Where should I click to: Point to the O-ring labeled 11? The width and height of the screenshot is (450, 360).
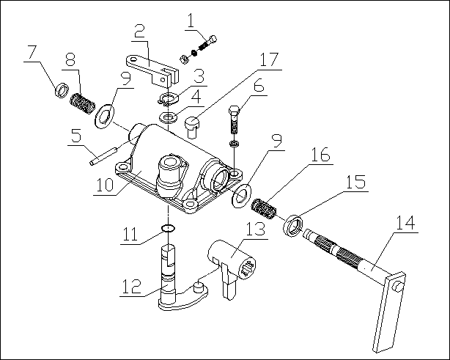tap(169, 229)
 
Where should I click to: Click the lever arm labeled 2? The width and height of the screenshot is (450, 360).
tap(155, 68)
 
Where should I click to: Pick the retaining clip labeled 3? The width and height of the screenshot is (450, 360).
tap(170, 100)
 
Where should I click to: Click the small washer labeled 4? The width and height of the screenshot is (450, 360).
tap(169, 117)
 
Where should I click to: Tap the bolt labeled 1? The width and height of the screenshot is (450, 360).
tap(207, 43)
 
